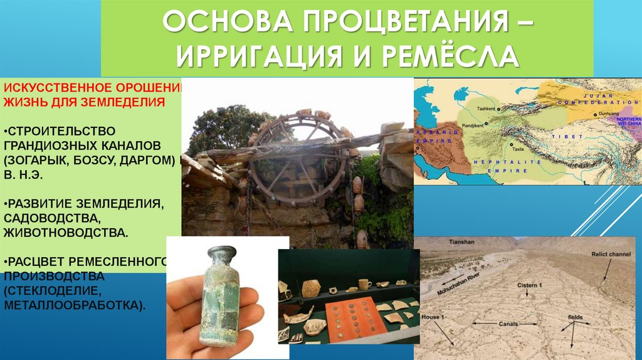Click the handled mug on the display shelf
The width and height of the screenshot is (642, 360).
pos(364,283)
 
